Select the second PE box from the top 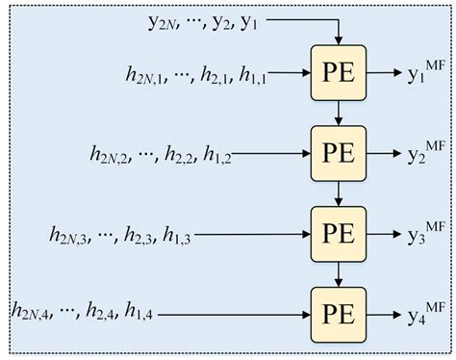[x=338, y=151]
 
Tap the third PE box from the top [x=338, y=232]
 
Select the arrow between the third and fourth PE [x=338, y=272]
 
